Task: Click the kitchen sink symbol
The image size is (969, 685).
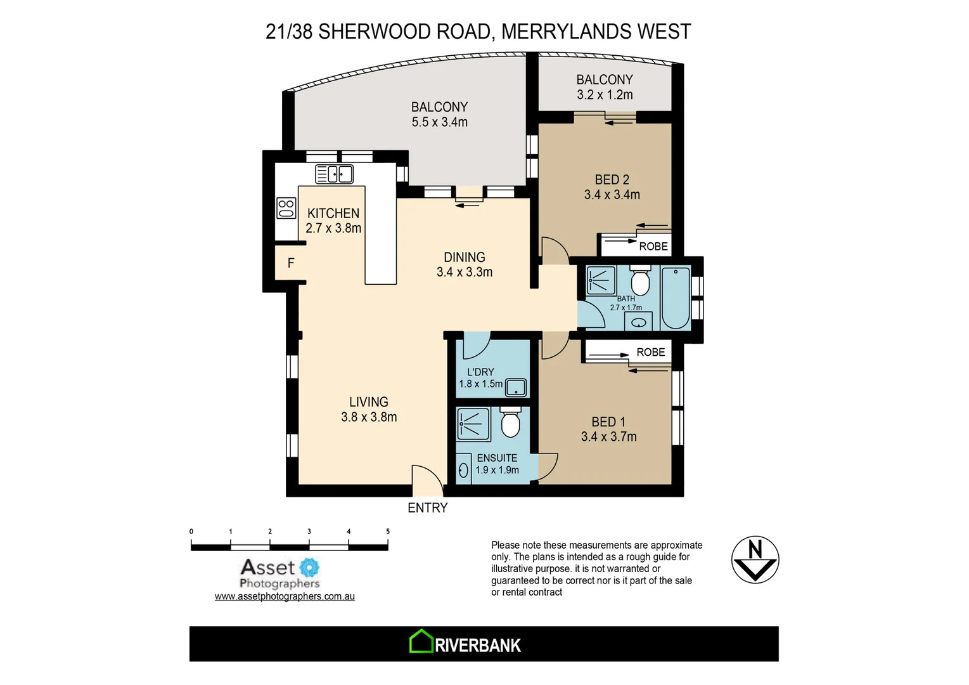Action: point(334,174)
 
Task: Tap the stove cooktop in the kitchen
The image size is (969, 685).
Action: point(286,209)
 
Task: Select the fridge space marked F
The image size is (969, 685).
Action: point(291,263)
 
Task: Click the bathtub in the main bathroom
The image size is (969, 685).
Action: point(676,297)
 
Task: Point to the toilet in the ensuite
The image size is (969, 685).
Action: point(510,422)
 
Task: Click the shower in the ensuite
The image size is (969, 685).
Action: point(473,424)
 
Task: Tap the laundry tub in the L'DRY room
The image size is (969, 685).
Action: point(516,387)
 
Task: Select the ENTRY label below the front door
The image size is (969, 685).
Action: point(427,508)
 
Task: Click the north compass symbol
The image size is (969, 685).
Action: point(755,560)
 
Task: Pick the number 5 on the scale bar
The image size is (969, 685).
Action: point(388,532)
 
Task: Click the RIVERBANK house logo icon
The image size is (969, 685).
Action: point(420,642)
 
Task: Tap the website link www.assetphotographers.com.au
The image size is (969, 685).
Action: point(285,597)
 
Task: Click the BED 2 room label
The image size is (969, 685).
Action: point(612,180)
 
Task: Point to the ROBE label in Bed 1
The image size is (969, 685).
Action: point(650,353)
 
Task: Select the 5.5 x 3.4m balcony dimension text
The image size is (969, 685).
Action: point(439,122)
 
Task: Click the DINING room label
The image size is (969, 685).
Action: point(464,258)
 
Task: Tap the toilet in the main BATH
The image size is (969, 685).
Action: point(640,282)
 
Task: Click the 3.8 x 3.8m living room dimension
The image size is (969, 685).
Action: point(369,417)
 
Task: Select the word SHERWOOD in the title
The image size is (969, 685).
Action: point(404,32)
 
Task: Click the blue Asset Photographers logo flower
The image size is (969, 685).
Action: point(309,567)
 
